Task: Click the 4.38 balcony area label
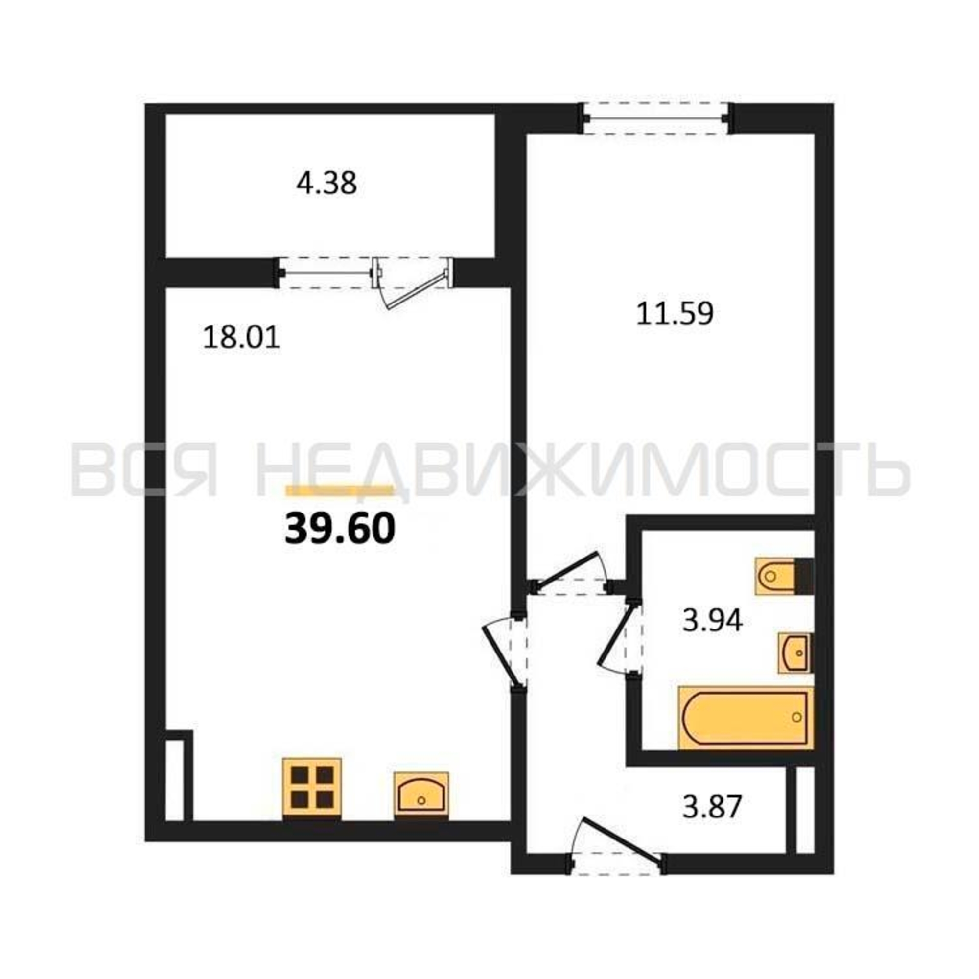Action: pyautogui.click(x=327, y=184)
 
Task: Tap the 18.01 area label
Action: pyautogui.click(x=241, y=337)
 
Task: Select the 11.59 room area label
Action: pyautogui.click(x=675, y=313)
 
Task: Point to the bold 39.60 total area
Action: pyautogui.click(x=340, y=528)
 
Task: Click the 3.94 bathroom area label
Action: pyautogui.click(x=712, y=620)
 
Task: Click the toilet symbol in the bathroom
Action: pyautogui.click(x=784, y=576)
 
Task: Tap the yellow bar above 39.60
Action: pyautogui.click(x=340, y=489)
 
